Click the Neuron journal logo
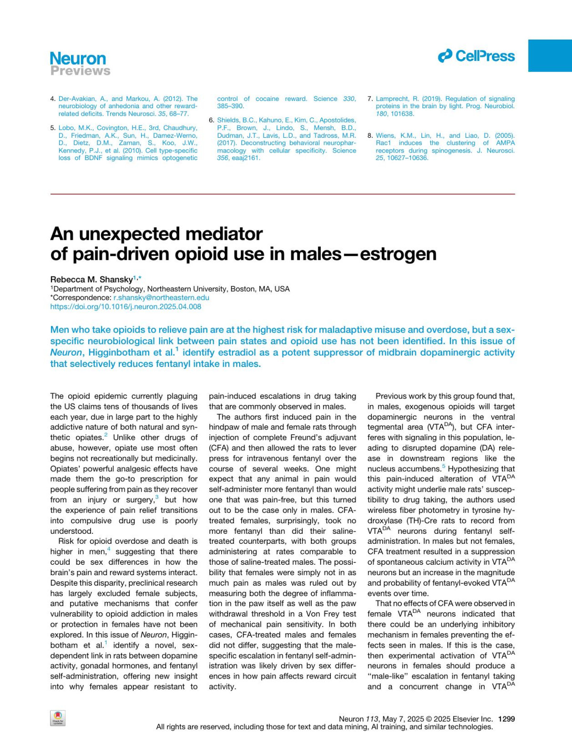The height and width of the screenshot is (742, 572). (78, 59)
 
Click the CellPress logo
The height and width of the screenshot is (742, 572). (476, 56)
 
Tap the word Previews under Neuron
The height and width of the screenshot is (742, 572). (80, 71)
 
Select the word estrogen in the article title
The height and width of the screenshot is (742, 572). (398, 254)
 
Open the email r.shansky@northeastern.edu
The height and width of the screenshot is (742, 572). (161, 298)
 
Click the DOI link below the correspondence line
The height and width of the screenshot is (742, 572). (126, 307)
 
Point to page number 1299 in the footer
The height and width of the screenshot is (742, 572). (506, 719)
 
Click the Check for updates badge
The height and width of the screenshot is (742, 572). (58, 718)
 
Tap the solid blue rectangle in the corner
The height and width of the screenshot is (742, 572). (550, 56)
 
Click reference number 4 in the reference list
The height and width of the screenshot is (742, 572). (53, 99)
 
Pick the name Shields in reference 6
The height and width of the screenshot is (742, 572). (227, 121)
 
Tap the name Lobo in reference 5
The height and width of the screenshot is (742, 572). (66, 128)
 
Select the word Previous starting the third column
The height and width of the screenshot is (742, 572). (391, 396)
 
